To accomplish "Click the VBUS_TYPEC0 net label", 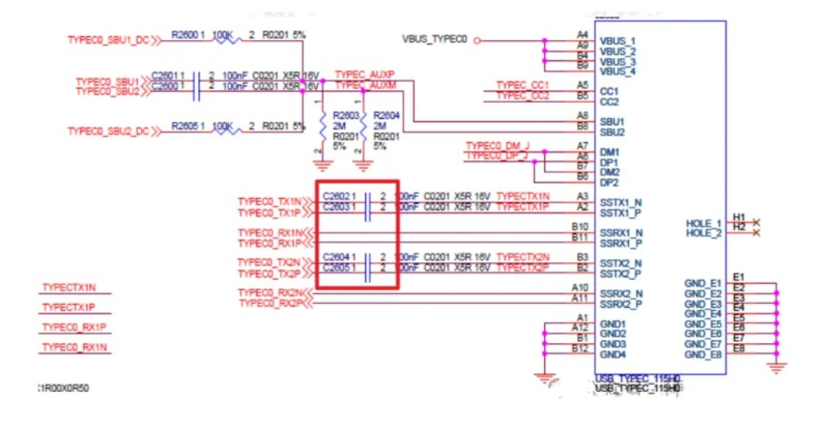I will click(434, 38).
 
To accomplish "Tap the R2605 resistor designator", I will click(186, 126).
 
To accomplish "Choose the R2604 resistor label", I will click(387, 115).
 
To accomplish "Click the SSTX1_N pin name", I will click(621, 203).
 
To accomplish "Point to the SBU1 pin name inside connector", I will click(612, 122).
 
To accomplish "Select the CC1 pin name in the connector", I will click(609, 92).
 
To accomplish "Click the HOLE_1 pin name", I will click(703, 224).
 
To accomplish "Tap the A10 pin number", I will click(580, 287).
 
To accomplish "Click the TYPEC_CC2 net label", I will click(522, 95).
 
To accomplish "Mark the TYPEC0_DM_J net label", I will click(497, 146).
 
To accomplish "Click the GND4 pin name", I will click(613, 354).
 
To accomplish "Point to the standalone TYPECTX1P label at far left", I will click(74, 307).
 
